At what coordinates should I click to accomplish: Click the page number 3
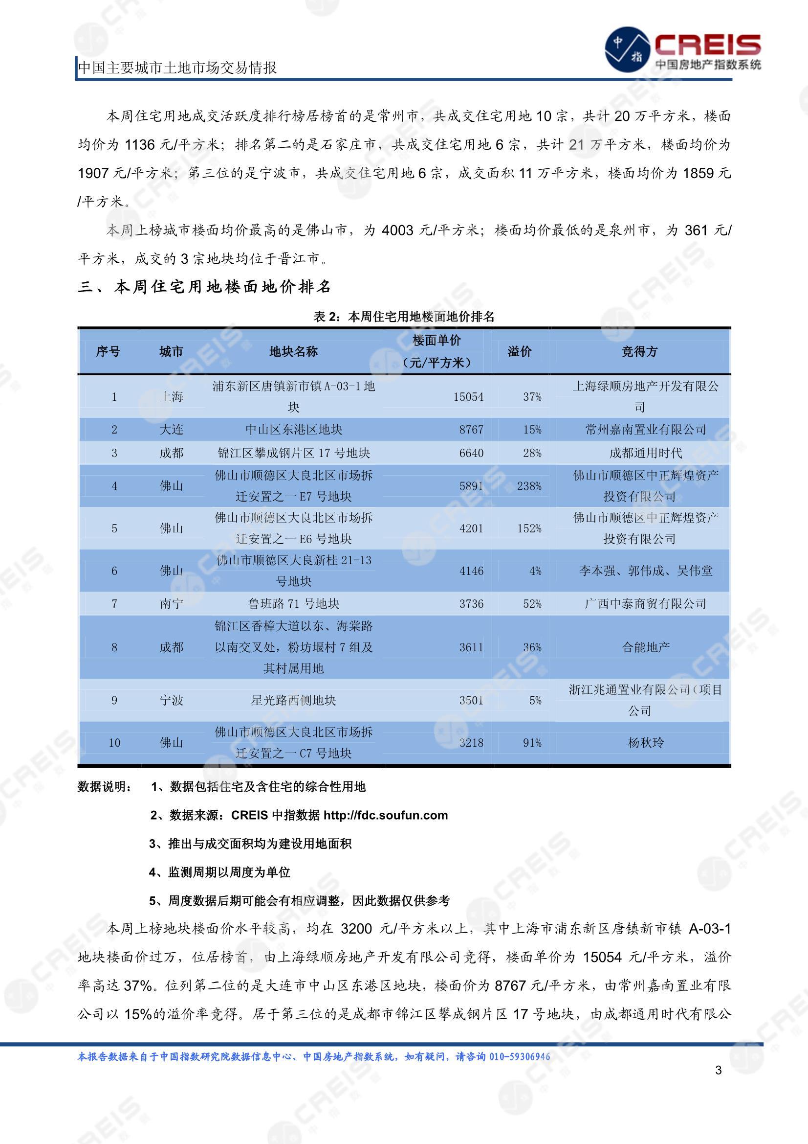[x=718, y=1070]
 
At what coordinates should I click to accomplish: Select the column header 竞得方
[x=639, y=352]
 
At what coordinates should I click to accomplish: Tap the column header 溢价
[x=519, y=352]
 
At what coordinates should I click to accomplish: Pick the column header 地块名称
[x=293, y=352]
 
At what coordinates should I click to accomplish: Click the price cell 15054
[x=468, y=397]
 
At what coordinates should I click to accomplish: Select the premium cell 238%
[x=529, y=486]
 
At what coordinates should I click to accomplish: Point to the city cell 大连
[x=171, y=430]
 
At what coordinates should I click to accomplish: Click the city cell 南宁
[x=171, y=604]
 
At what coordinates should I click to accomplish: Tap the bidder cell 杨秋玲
[x=646, y=743]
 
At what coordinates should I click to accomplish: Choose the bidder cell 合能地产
[x=646, y=647]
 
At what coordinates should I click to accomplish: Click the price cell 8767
[x=471, y=430]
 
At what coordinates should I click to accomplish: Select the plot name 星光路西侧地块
[x=293, y=701]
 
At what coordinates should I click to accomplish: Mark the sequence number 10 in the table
[x=114, y=743]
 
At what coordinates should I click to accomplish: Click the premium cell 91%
[x=532, y=743]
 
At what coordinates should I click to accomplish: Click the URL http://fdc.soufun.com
[x=385, y=815]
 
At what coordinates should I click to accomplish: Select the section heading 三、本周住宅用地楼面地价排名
[x=204, y=287]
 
